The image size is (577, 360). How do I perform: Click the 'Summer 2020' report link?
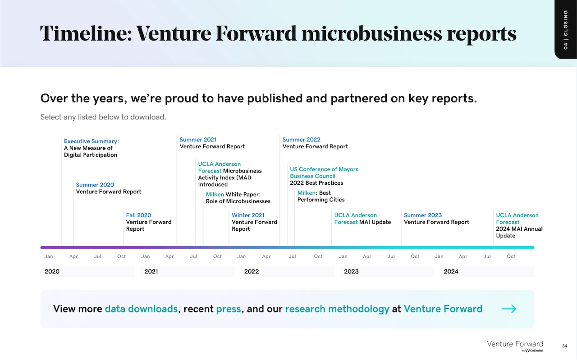[x=95, y=185]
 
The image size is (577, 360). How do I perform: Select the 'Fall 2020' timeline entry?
[x=138, y=215]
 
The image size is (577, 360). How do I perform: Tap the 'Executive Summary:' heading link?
[x=91, y=141]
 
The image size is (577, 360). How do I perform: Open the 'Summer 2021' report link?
[x=198, y=140]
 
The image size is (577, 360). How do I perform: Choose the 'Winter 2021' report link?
[x=248, y=215]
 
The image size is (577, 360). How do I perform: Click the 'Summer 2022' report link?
[x=301, y=140]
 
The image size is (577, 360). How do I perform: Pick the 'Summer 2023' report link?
[x=422, y=215]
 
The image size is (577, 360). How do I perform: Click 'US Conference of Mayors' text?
[x=324, y=169]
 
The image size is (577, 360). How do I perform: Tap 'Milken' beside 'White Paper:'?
[x=215, y=195]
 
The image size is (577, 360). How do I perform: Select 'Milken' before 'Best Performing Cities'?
[x=306, y=193]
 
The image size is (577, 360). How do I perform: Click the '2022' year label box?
[x=287, y=271]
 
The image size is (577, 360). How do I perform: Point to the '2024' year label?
[x=451, y=271]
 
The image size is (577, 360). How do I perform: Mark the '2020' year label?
[x=52, y=271]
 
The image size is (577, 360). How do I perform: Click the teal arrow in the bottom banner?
[x=508, y=309]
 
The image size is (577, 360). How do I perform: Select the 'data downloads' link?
[x=141, y=309]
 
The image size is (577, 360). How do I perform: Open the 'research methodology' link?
[x=337, y=309]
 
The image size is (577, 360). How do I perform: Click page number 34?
[x=564, y=346]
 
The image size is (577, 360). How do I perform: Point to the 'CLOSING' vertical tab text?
[x=565, y=23]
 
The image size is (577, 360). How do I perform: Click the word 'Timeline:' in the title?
[x=86, y=34]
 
